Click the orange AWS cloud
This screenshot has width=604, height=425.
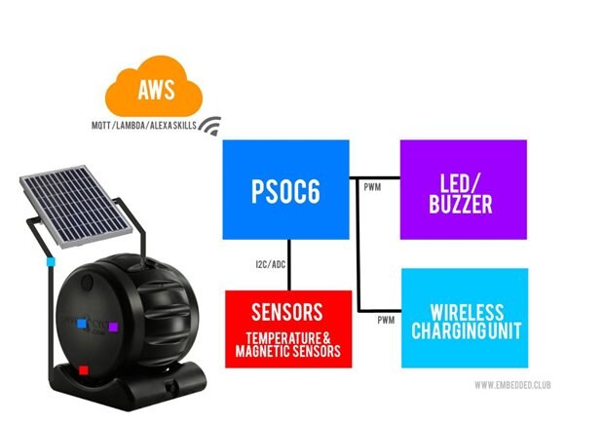click(156, 94)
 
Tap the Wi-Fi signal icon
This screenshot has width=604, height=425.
click(209, 128)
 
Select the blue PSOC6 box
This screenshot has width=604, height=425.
click(287, 189)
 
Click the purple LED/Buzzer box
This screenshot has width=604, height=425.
click(464, 189)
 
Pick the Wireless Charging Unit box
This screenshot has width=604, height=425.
click(465, 318)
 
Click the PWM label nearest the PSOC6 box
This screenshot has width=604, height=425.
click(371, 185)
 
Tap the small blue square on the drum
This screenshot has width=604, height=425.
click(74, 320)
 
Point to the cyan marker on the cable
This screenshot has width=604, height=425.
click(50, 262)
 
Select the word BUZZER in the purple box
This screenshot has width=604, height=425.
click(464, 206)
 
